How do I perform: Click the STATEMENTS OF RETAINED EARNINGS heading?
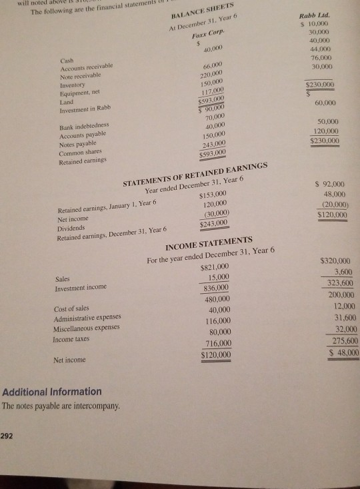coord(206,175)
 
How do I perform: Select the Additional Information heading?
coord(53,391)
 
